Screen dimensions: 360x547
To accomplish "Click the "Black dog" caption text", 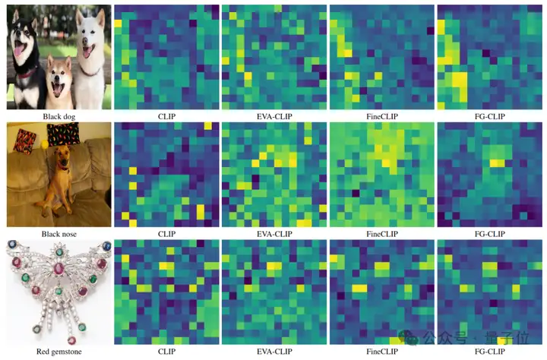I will [59, 115].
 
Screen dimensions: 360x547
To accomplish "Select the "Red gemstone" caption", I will [59, 352].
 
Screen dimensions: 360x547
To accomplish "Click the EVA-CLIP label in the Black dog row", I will [273, 115].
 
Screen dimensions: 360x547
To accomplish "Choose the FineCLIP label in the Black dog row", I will [381, 115].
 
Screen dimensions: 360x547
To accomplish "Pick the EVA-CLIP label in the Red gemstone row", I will [273, 352].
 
